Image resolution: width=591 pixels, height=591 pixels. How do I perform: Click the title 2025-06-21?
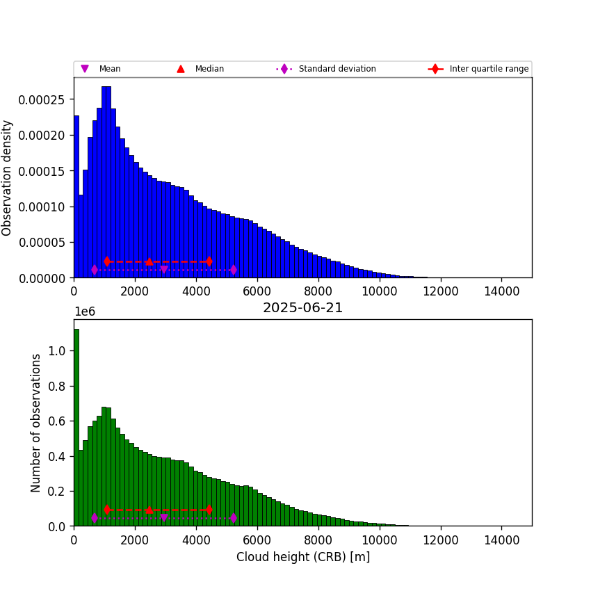[x=302, y=308]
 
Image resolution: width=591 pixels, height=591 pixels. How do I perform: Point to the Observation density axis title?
[x=8, y=178]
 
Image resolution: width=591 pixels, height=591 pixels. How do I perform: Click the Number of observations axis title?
[x=36, y=423]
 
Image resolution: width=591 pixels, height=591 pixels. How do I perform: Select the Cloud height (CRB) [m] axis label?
[x=302, y=557]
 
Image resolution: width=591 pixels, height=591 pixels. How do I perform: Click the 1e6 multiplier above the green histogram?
[x=85, y=312]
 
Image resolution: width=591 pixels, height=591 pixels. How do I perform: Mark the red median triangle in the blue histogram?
[x=149, y=261]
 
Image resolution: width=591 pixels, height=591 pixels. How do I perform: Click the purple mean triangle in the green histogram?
[x=164, y=518]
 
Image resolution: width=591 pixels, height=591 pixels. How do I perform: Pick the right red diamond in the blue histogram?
[x=209, y=261]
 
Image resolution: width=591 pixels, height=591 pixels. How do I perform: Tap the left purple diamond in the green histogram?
[x=95, y=518]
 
